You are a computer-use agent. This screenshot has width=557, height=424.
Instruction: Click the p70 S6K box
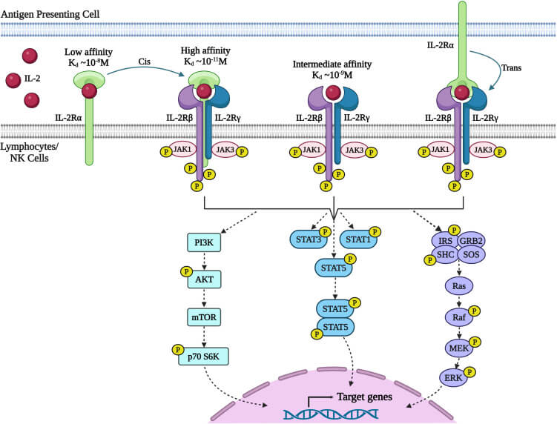coord(204,357)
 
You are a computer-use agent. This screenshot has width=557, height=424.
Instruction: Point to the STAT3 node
coord(306,239)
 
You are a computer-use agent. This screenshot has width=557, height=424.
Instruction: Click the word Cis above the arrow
coord(145,63)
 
